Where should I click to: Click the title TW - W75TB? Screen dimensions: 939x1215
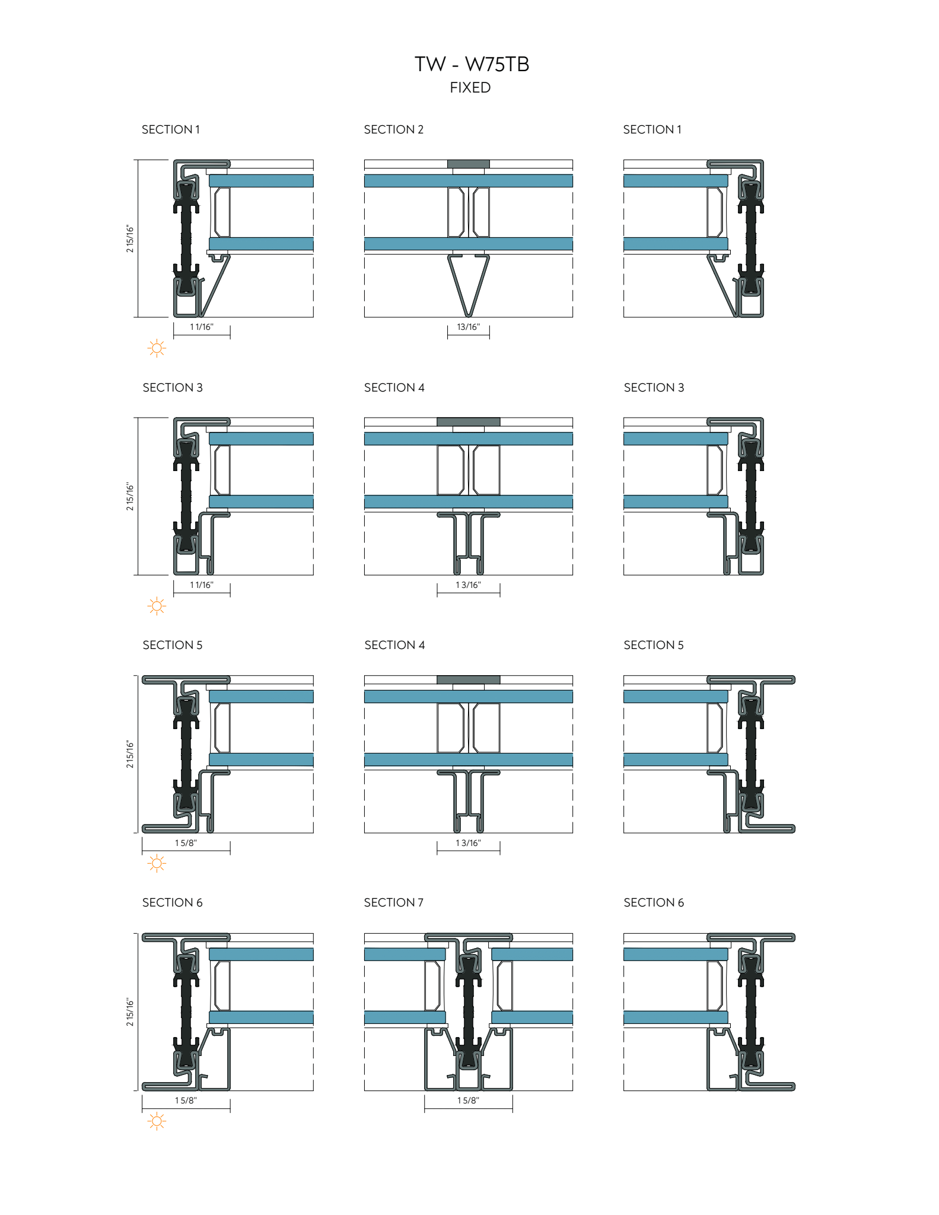tap(472, 64)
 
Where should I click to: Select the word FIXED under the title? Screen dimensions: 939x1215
tap(470, 88)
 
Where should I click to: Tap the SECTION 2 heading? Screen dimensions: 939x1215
tap(393, 129)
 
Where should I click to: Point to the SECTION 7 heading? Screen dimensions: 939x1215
tap(393, 902)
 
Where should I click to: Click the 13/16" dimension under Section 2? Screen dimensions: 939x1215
tap(468, 327)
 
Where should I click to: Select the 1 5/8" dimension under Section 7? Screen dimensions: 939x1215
tap(468, 1101)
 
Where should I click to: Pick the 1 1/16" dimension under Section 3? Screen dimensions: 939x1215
tap(201, 585)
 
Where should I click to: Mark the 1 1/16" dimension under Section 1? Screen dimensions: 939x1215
tap(201, 327)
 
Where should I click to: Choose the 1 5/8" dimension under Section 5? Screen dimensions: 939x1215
tap(186, 843)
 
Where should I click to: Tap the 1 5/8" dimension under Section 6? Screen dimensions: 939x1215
tap(186, 1101)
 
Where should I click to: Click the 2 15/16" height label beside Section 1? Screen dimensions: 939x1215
tap(130, 238)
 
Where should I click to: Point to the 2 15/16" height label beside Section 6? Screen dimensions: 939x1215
tap(130, 1012)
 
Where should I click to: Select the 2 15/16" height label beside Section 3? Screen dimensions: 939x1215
tap(130, 497)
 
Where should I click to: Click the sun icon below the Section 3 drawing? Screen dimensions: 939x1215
tap(157, 606)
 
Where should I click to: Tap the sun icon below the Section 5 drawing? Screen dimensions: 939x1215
tap(157, 863)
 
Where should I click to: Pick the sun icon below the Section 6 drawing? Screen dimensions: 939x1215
tap(157, 1121)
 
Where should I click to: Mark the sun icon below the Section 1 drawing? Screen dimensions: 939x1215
tap(157, 348)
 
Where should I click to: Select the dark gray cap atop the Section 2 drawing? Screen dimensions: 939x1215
tap(468, 164)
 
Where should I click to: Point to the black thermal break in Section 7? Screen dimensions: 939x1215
tap(468, 1009)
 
